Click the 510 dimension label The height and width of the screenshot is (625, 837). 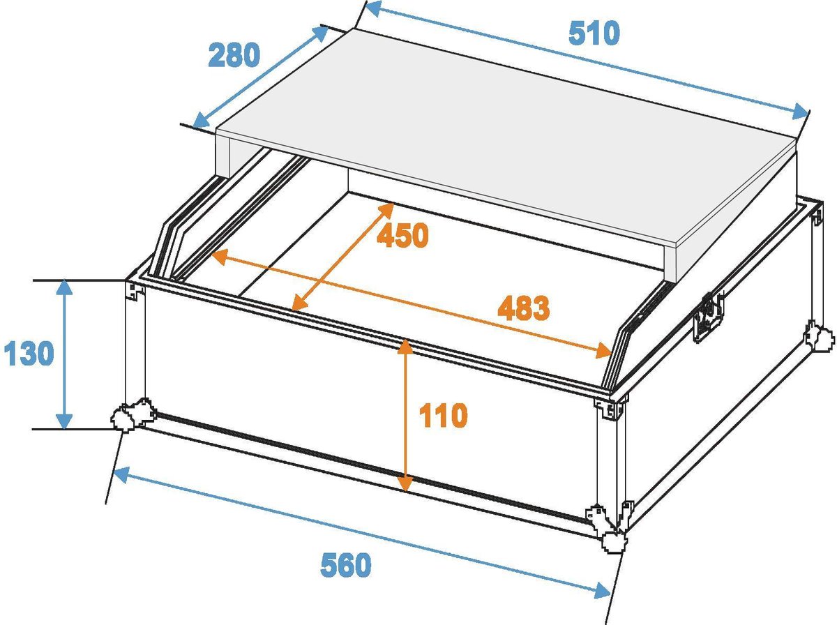[594, 33]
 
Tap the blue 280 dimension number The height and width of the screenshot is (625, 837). [234, 55]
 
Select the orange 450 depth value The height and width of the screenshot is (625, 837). [402, 236]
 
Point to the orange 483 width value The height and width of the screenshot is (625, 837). [523, 308]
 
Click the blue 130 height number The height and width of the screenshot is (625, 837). [29, 354]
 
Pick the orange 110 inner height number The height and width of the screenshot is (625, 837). [442, 416]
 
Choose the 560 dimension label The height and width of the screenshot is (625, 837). [346, 565]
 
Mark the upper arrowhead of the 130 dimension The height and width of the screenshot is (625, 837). [65, 287]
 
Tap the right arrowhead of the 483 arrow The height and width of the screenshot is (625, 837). [602, 352]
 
